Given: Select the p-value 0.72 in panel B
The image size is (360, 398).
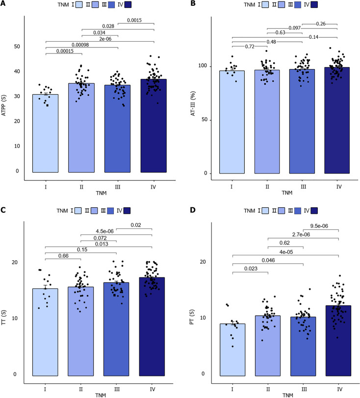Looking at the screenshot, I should pos(250,46).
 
